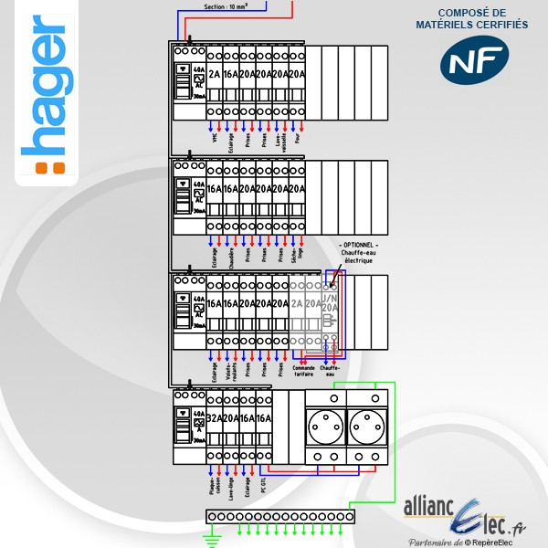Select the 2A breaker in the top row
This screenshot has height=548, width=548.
pyautogui.click(x=215, y=75)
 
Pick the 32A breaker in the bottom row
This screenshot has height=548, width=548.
pyautogui.click(x=215, y=419)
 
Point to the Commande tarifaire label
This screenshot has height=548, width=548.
pyautogui.click(x=303, y=371)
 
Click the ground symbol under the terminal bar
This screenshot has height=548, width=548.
pyautogui.click(x=212, y=541)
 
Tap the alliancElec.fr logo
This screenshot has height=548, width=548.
pyautogui.click(x=467, y=515)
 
